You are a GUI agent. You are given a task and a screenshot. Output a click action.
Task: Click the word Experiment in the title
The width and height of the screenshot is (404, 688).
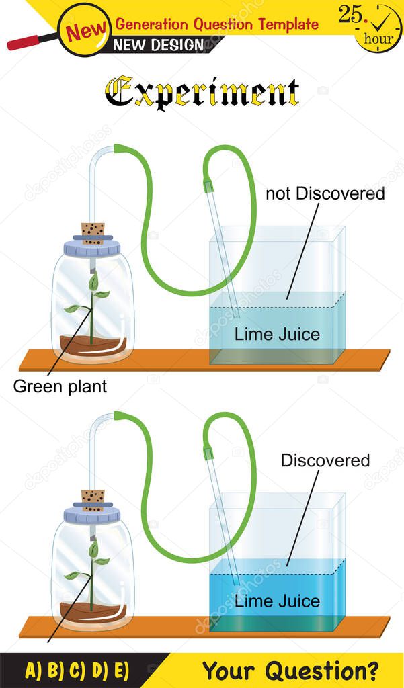[x=202, y=92]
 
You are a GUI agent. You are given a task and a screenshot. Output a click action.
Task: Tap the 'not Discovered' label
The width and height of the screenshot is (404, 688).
[x=325, y=194]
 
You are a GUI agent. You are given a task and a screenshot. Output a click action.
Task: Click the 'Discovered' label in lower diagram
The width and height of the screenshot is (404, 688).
[x=325, y=460]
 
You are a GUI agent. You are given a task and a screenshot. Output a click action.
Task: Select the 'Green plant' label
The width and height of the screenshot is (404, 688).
[x=60, y=386]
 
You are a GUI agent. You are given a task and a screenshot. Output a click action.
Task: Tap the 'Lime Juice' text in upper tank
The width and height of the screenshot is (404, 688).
[x=277, y=334]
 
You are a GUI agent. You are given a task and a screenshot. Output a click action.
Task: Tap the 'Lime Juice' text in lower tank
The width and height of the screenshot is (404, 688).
[x=277, y=601]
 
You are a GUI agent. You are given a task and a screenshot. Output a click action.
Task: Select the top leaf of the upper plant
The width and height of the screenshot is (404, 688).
[x=93, y=281]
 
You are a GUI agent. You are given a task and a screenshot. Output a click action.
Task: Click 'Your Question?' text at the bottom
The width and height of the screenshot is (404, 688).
[x=290, y=670]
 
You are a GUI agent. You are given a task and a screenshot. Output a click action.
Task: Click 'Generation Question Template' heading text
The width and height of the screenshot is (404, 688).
[x=216, y=24]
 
